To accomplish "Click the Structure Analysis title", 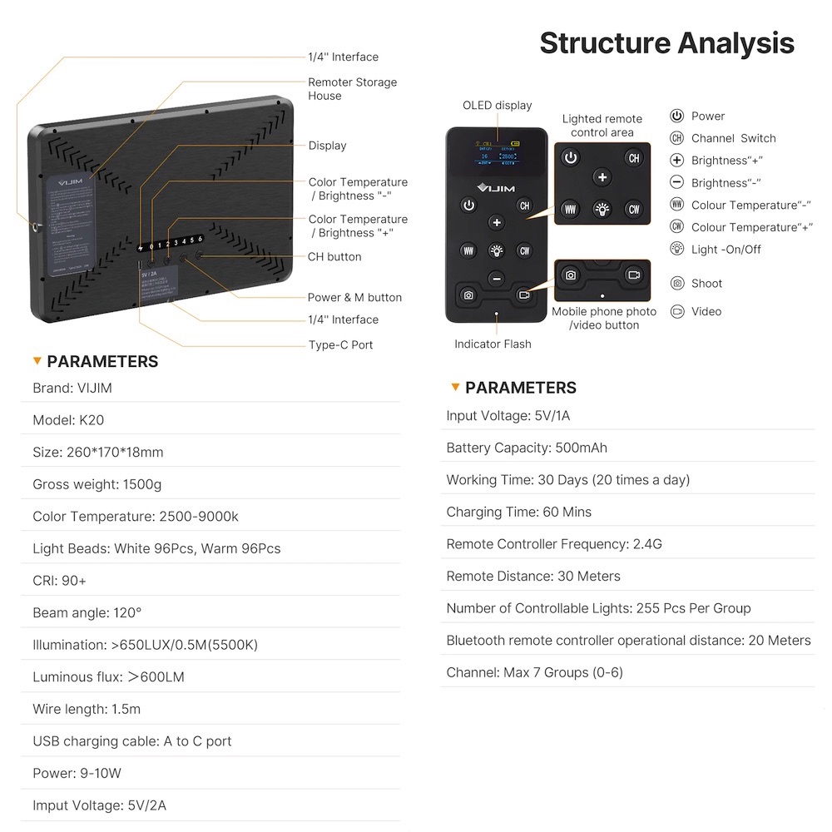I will tap(666, 42).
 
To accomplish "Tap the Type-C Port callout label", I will tap(340, 344).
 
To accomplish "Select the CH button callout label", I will tap(334, 256).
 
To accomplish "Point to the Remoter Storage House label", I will tap(352, 89).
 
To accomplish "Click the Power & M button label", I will tap(354, 297).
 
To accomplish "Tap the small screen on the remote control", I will tap(497, 151).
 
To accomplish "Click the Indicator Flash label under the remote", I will tap(493, 344).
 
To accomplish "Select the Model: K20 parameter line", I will tap(68, 420).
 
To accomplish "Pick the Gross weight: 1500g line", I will tap(97, 484).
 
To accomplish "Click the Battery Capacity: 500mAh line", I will tap(527, 448).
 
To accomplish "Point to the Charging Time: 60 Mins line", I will tap(518, 512).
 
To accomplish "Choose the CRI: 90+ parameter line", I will tap(59, 581).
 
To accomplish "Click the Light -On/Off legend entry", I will tap(726, 250).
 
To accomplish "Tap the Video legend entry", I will tap(706, 311).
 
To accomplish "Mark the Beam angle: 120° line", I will tap(87, 613).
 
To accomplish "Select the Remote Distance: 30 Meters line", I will tap(533, 576).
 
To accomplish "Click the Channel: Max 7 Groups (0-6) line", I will tap(534, 672).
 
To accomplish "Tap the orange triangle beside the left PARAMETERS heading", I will tap(37, 361).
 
